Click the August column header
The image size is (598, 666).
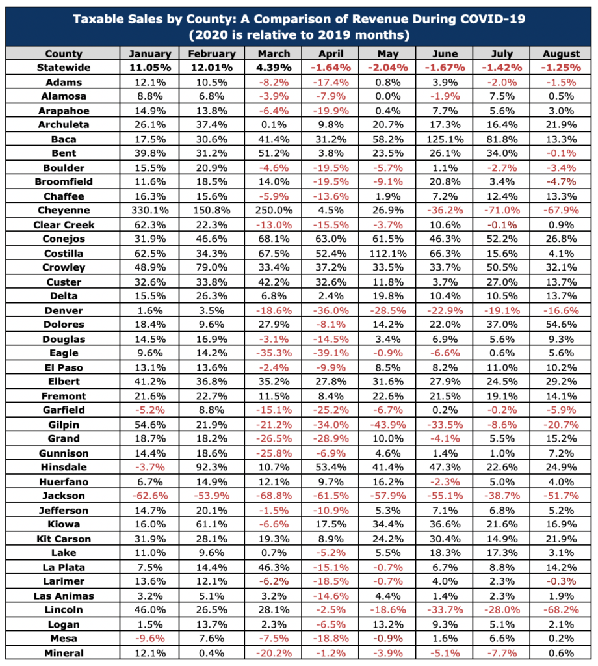[561, 53]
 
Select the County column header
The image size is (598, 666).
[64, 53]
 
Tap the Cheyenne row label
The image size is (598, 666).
[64, 210]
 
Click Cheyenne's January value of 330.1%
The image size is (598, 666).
[149, 210]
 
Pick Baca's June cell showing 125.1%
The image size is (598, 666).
[445, 139]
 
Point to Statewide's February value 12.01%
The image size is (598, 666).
[212, 68]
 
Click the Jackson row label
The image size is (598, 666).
[64, 496]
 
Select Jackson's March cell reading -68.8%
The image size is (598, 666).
[274, 496]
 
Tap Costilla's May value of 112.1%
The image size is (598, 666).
[388, 254]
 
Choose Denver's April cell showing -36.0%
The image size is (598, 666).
[331, 310]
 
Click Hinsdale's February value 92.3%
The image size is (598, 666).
[212, 467]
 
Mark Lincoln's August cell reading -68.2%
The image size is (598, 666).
[561, 610]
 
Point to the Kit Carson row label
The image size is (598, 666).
[64, 539]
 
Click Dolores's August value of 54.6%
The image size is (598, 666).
[561, 325]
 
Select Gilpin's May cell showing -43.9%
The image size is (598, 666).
[388, 425]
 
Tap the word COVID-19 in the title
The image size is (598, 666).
[493, 19]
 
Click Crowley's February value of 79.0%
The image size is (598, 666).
[212, 267]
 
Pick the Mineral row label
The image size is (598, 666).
[64, 653]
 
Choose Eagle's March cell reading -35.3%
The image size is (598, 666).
[274, 353]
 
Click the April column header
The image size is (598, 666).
[331, 53]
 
